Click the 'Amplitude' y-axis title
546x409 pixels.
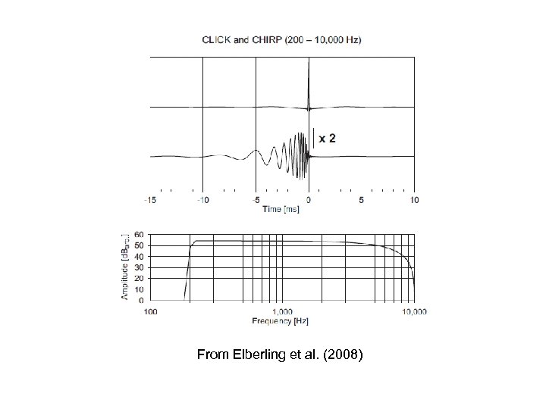pyautogui.click(x=126, y=266)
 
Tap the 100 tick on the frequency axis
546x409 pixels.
pyautogui.click(x=151, y=311)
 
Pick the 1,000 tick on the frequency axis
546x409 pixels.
pyautogui.click(x=282, y=311)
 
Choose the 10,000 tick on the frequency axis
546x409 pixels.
pyautogui.click(x=413, y=311)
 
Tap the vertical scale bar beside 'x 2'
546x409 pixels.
pyautogui.click(x=314, y=139)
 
